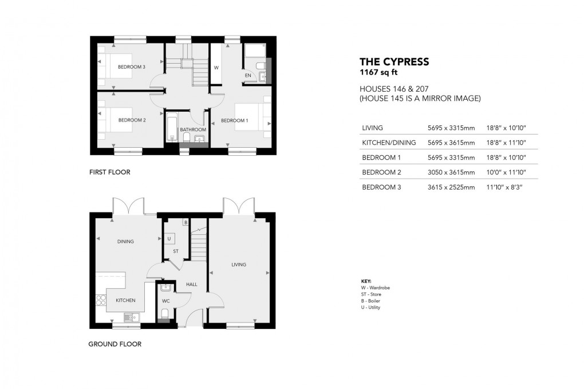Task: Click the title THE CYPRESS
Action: (x=394, y=62)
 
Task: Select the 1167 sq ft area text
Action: (x=376, y=72)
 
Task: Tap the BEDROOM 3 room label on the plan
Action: (x=132, y=67)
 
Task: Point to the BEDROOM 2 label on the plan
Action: (x=132, y=120)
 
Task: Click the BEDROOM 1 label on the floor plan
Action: (x=235, y=120)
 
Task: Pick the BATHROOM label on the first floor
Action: (x=192, y=129)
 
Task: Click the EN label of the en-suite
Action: (x=248, y=75)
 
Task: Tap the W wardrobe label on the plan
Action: (x=216, y=67)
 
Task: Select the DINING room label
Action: (x=125, y=242)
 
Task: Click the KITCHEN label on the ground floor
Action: (x=125, y=300)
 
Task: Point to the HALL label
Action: (x=191, y=284)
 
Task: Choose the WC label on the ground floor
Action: (x=165, y=301)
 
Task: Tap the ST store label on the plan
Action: (x=176, y=251)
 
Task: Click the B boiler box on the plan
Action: (x=186, y=222)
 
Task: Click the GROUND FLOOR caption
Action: (x=115, y=344)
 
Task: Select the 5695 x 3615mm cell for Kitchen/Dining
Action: (x=451, y=143)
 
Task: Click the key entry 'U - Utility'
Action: (x=370, y=308)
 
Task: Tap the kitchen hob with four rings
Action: (x=101, y=300)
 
